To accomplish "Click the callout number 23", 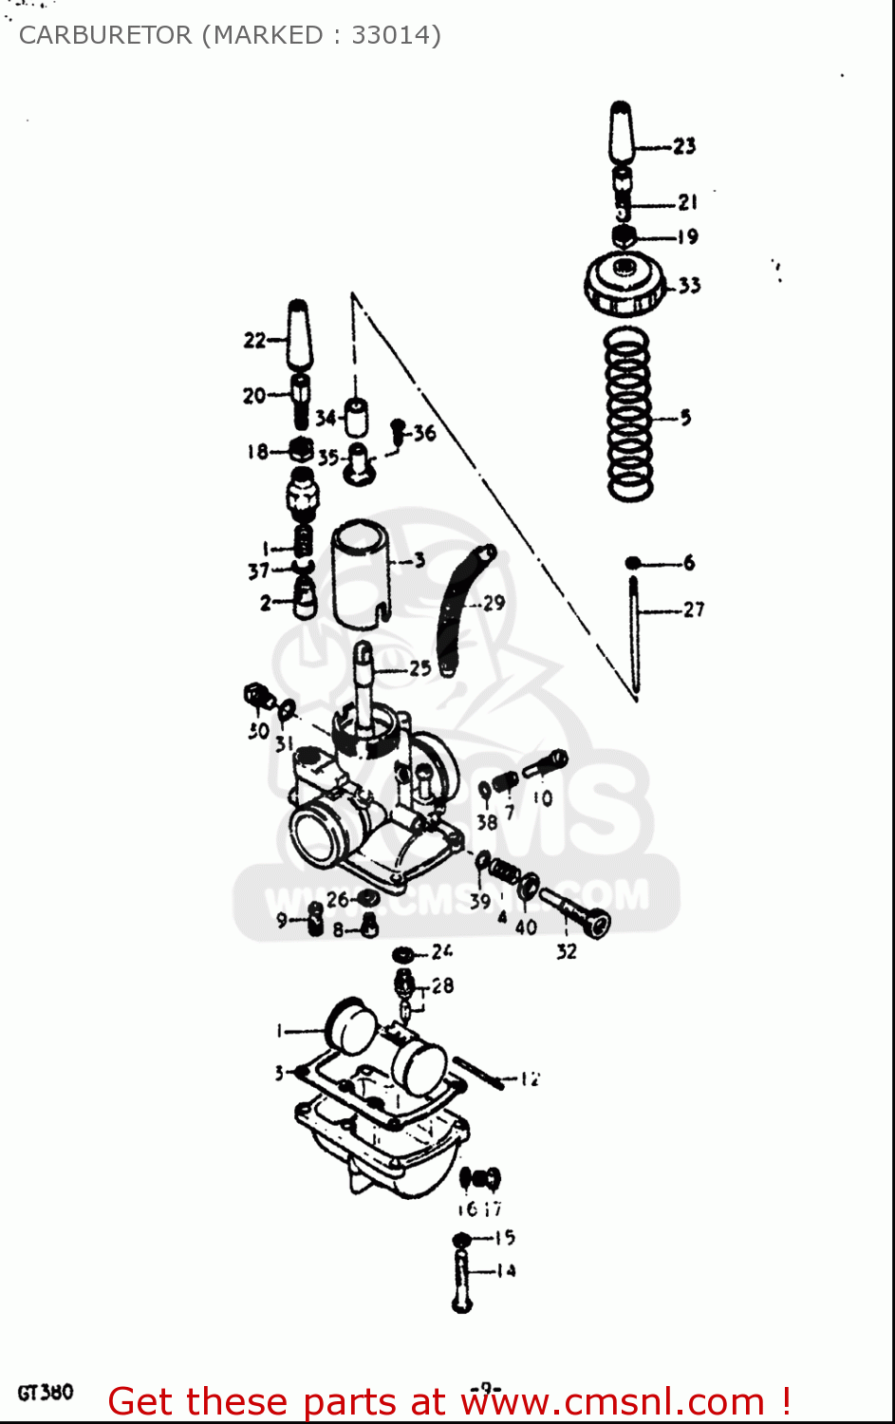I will tap(684, 146).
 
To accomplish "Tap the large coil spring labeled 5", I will tap(629, 415).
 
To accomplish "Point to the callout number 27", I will tap(694, 609).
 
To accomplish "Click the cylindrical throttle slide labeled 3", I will tap(361, 573).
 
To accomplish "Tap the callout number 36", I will tap(424, 433).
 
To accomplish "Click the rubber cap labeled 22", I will tap(298, 336).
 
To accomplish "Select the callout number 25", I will tap(420, 668).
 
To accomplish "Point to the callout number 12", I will tap(530, 1078).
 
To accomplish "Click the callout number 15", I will tap(505, 1237).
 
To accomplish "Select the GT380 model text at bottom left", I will tap(45, 1393).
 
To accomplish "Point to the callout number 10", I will tap(542, 798).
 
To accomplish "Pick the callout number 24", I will tap(442, 951).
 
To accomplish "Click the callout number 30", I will tap(258, 731).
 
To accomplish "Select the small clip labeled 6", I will tap(633, 563).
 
